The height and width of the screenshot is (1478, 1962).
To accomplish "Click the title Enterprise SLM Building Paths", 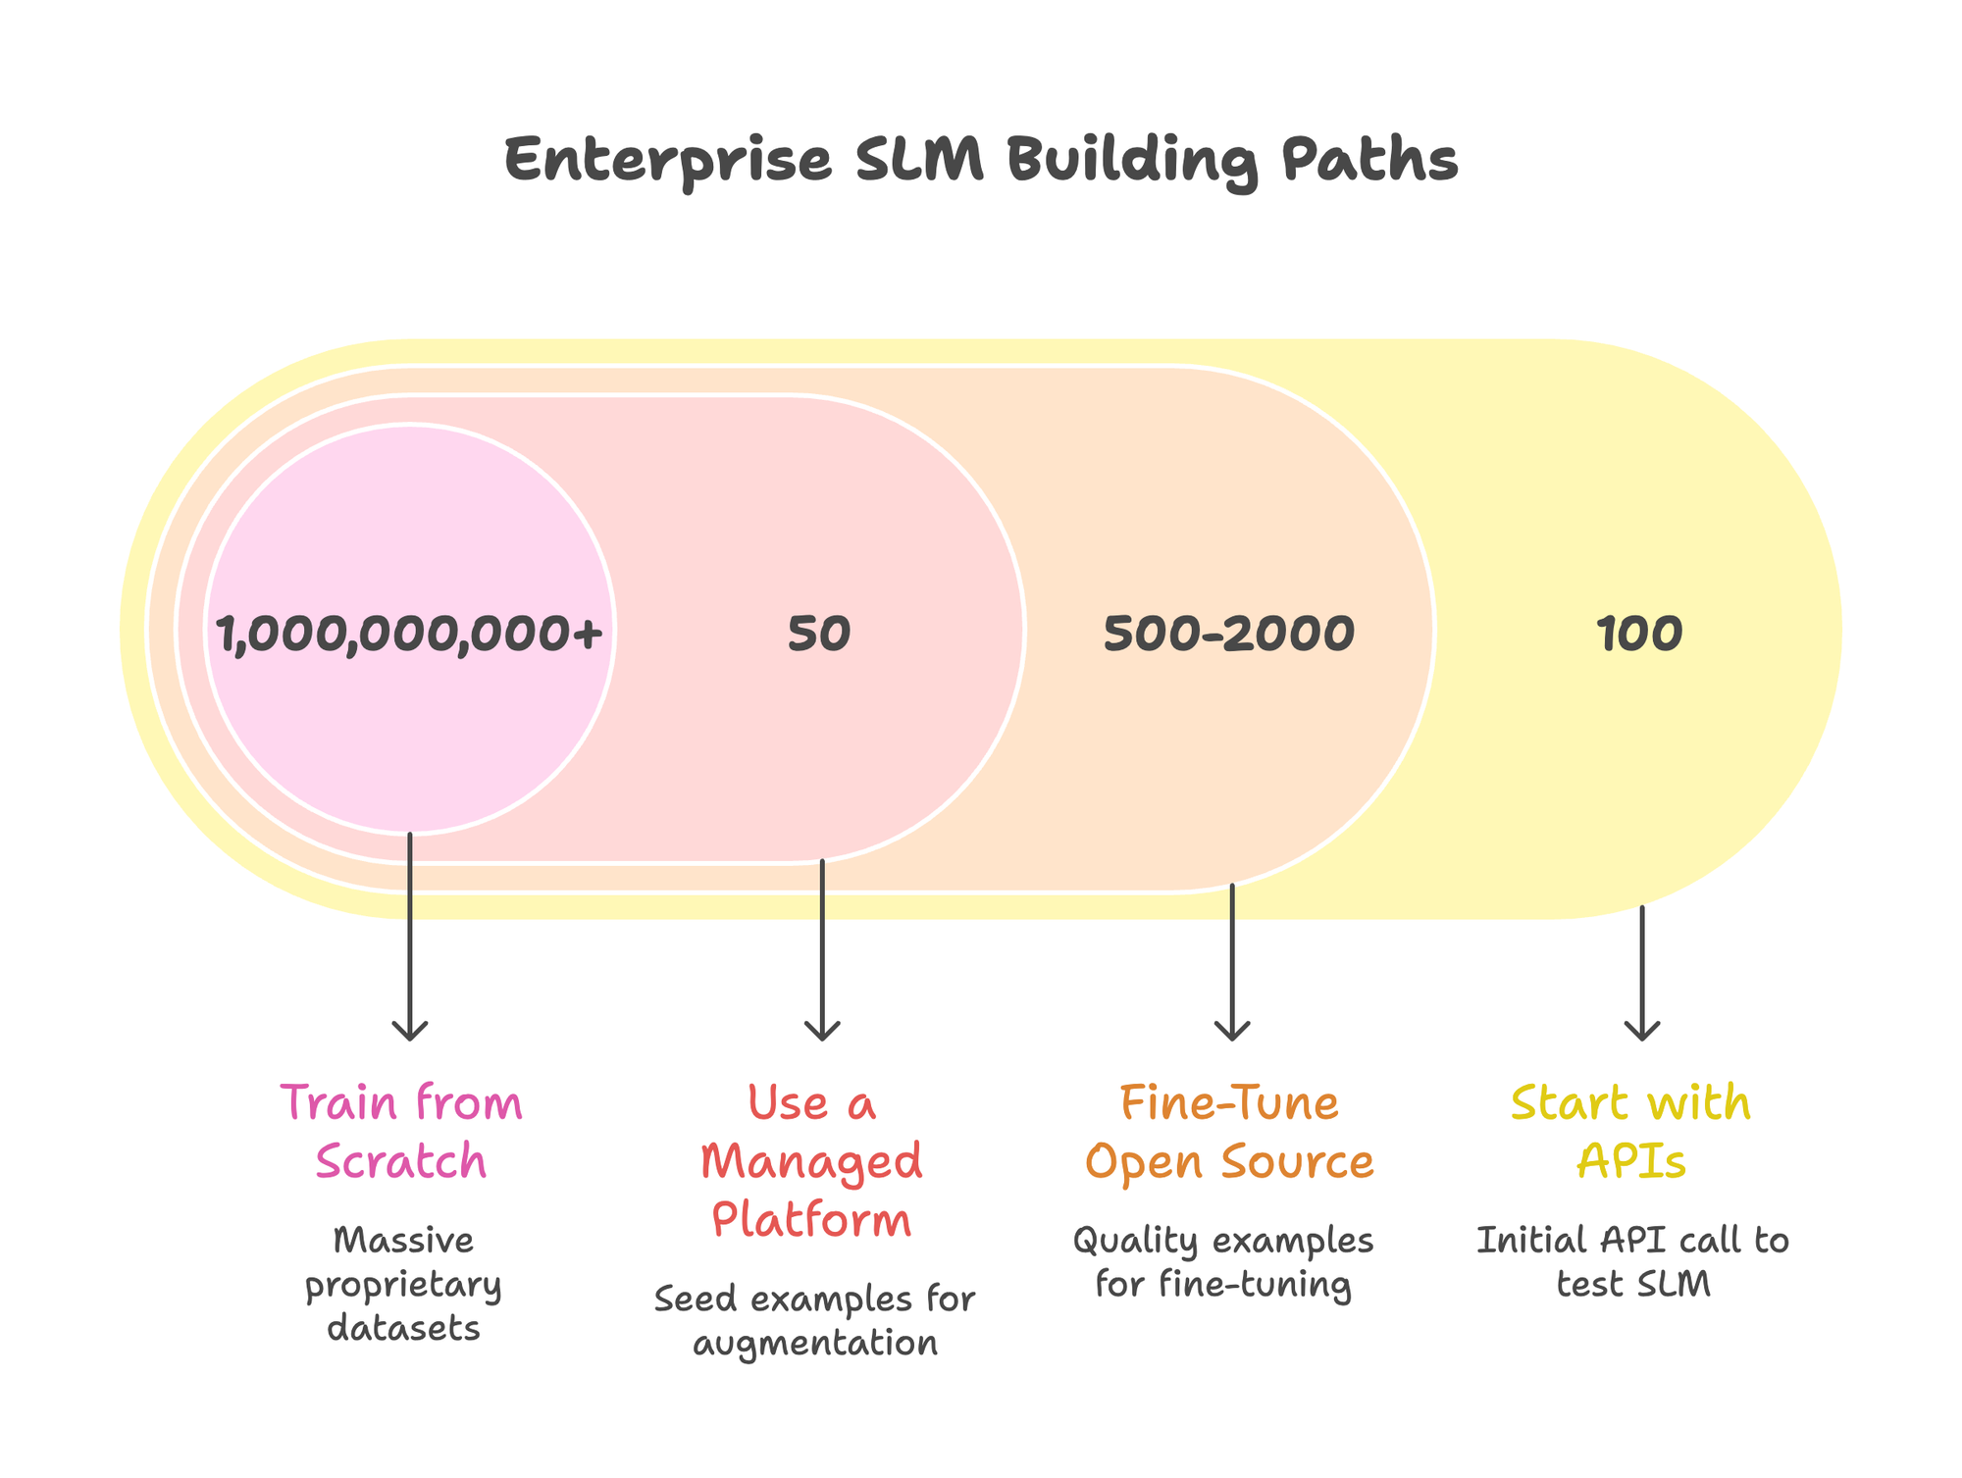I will click(x=981, y=160).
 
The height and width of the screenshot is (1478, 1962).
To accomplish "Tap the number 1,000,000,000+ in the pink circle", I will click(x=409, y=635).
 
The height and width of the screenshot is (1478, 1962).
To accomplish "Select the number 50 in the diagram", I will click(x=819, y=635).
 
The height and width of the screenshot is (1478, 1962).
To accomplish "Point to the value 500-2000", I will click(x=1229, y=635).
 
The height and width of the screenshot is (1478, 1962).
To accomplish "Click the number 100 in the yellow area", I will click(x=1639, y=635).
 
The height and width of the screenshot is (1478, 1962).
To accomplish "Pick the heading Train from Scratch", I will click(x=401, y=1133).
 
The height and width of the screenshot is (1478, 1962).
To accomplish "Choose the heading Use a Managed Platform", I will click(x=812, y=1162).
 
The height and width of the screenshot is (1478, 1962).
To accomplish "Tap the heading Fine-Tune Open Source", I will click(x=1229, y=1133).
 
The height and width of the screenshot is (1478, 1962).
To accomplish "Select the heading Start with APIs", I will click(x=1631, y=1133).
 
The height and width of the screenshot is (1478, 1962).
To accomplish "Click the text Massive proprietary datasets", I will click(x=403, y=1285).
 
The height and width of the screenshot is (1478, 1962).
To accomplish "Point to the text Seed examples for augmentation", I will click(x=814, y=1321).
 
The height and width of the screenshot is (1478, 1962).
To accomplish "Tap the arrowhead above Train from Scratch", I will click(x=410, y=1032).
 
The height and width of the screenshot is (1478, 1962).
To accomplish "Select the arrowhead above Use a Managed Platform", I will click(x=822, y=1032).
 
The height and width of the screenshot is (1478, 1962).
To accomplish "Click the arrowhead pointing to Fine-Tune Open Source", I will click(x=1232, y=1032).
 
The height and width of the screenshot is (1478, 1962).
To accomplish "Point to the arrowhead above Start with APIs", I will click(x=1642, y=1032).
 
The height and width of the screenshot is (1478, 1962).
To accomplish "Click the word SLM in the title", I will click(x=919, y=160).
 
